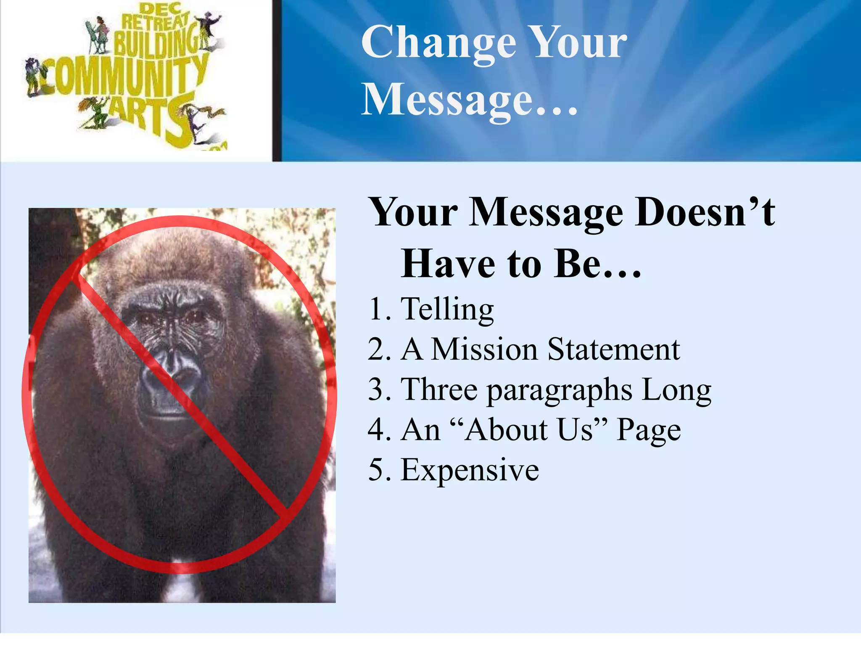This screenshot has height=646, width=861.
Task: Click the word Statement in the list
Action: tap(613, 349)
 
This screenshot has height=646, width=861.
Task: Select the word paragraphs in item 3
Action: tap(559, 390)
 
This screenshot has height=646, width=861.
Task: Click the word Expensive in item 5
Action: tap(470, 470)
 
